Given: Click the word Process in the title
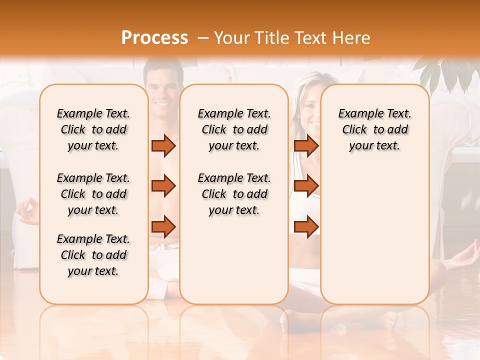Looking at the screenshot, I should pyautogui.click(x=154, y=38).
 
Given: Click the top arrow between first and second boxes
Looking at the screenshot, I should pyautogui.click(x=163, y=145).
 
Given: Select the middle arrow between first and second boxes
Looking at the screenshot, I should pyautogui.click(x=163, y=186).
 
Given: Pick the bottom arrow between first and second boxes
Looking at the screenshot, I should pyautogui.click(x=163, y=226).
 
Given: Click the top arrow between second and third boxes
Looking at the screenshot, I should pyautogui.click(x=306, y=145).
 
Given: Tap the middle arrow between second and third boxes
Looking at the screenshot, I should pyautogui.click(x=306, y=186).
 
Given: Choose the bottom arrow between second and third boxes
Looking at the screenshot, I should pyautogui.click(x=306, y=226).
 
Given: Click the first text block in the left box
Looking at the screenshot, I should pyautogui.click(x=93, y=129).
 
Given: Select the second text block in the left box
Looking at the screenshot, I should pyautogui.click(x=93, y=194).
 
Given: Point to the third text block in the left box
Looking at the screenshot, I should pyautogui.click(x=93, y=255).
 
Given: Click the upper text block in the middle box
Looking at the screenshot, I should pyautogui.click(x=234, y=129).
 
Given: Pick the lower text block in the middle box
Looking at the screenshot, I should pyautogui.click(x=234, y=194).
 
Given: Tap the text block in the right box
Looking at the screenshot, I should pyautogui.click(x=374, y=129).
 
